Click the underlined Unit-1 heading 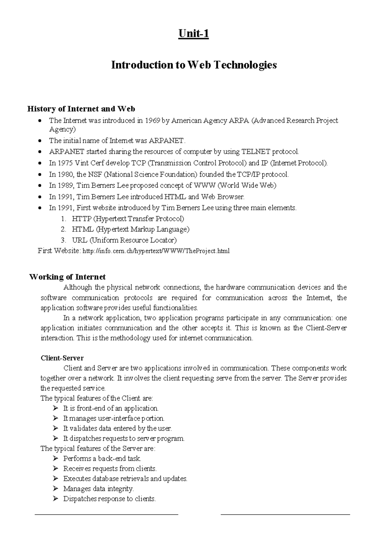pyautogui.click(x=193, y=34)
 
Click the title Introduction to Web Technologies pyautogui.click(x=194, y=65)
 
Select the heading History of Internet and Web pyautogui.click(x=81, y=109)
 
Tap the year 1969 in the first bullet pyautogui.click(x=152, y=121)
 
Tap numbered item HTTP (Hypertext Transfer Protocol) pyautogui.click(x=128, y=219)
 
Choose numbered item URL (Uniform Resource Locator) pyautogui.click(x=124, y=240)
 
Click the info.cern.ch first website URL pyautogui.click(x=156, y=251)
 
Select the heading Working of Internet pyautogui.click(x=67, y=277)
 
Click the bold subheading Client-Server pyautogui.click(x=62, y=358)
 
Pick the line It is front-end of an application pyautogui.click(x=111, y=409)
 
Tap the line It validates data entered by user pyautogui.click(x=117, y=429)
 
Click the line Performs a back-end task pyautogui.click(x=102, y=459)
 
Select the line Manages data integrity pyautogui.click(x=98, y=489)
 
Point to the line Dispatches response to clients pyautogui.click(x=109, y=499)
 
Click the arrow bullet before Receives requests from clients pyautogui.click(x=56, y=469)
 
